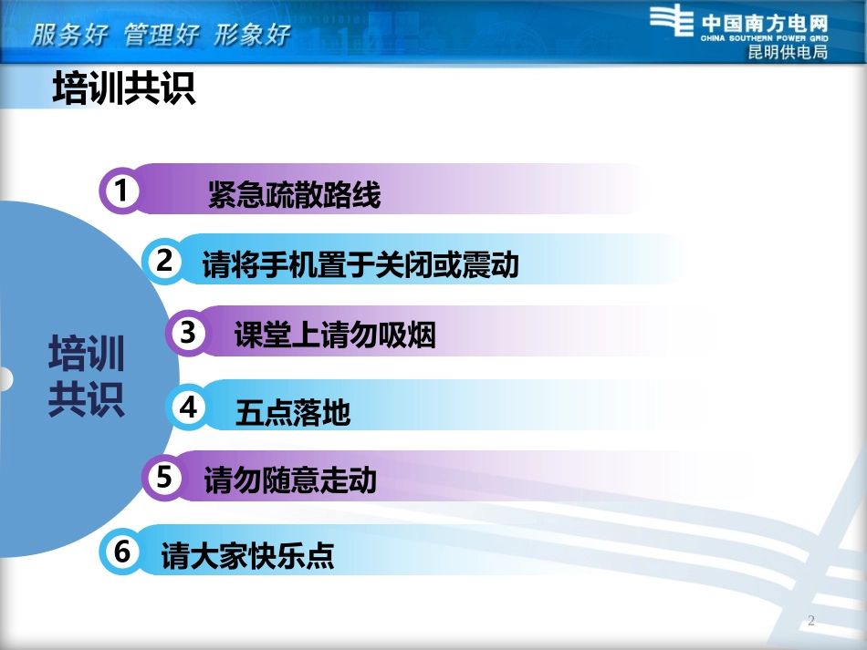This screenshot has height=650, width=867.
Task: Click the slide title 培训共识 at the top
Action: [x=125, y=89]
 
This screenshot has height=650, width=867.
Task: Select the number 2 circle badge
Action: [x=165, y=261]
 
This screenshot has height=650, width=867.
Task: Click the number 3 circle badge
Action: [x=189, y=333]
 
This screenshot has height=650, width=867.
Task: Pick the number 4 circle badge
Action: [x=189, y=408]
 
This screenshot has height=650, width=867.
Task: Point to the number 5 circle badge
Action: [x=165, y=476]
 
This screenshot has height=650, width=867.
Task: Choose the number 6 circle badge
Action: [x=122, y=552]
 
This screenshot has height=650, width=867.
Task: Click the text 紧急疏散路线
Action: [x=294, y=194]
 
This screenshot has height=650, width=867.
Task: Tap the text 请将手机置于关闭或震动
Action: [x=360, y=264]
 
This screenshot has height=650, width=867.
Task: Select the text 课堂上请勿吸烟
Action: [x=335, y=335]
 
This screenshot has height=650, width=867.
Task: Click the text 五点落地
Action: [x=292, y=413]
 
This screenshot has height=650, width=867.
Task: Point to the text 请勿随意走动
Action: [x=290, y=480]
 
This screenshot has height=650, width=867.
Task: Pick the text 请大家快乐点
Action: [x=247, y=555]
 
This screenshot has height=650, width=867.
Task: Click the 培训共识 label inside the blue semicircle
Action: [x=86, y=377]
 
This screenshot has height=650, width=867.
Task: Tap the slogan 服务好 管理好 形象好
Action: [x=162, y=36]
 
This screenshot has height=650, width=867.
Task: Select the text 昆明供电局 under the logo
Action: [x=788, y=52]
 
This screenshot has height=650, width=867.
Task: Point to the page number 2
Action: [x=810, y=622]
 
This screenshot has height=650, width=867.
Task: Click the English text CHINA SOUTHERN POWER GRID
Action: [x=765, y=39]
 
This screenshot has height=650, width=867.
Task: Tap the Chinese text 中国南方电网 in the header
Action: [x=765, y=22]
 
